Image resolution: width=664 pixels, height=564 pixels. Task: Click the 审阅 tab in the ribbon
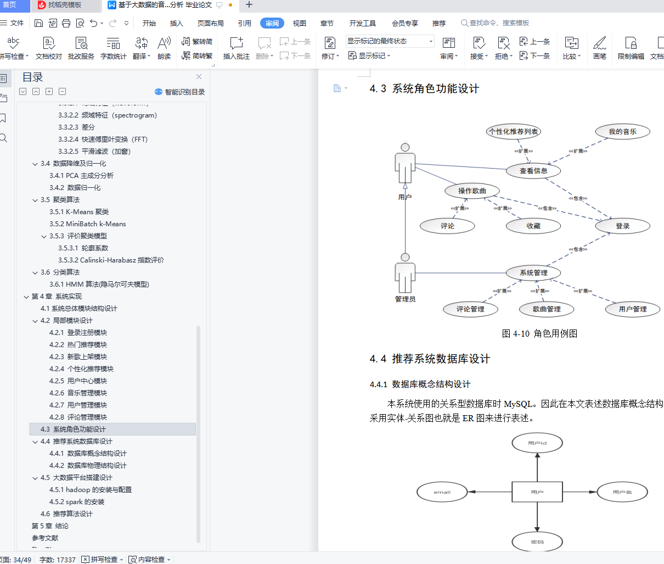pyautogui.click(x=272, y=23)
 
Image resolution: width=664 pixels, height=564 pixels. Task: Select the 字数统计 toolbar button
pyautogui.click(x=113, y=48)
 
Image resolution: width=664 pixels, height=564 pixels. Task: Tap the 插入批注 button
pyautogui.click(x=237, y=48)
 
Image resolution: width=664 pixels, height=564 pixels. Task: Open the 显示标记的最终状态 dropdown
pyautogui.click(x=390, y=41)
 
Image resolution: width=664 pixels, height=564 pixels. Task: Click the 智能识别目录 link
pyautogui.click(x=180, y=92)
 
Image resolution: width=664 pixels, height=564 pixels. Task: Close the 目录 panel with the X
pyautogui.click(x=199, y=77)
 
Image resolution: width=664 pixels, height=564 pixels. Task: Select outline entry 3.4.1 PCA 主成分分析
pyautogui.click(x=81, y=176)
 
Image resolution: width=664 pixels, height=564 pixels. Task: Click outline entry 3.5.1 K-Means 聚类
pyautogui.click(x=79, y=212)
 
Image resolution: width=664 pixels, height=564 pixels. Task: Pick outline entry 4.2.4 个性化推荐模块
pyautogui.click(x=81, y=369)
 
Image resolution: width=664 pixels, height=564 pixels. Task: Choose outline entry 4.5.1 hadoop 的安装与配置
pyautogui.click(x=91, y=490)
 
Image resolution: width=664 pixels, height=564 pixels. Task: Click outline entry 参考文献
pyautogui.click(x=45, y=538)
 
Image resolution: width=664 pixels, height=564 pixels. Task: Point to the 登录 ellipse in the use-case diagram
pyautogui.click(x=622, y=226)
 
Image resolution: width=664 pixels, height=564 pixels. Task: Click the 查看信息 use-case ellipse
pyautogui.click(x=533, y=171)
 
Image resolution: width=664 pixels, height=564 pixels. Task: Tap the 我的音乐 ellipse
pyautogui.click(x=622, y=132)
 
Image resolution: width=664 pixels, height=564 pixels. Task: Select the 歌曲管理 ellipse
pyautogui.click(x=547, y=309)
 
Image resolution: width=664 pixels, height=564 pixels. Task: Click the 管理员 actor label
pyautogui.click(x=405, y=299)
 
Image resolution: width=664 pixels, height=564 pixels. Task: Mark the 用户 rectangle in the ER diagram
pyautogui.click(x=537, y=492)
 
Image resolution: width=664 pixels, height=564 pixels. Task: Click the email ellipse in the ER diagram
pyautogui.click(x=442, y=492)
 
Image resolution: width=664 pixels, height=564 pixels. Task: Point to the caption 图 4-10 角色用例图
pyautogui.click(x=539, y=333)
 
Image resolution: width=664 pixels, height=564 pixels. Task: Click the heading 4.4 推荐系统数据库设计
pyautogui.click(x=430, y=359)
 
